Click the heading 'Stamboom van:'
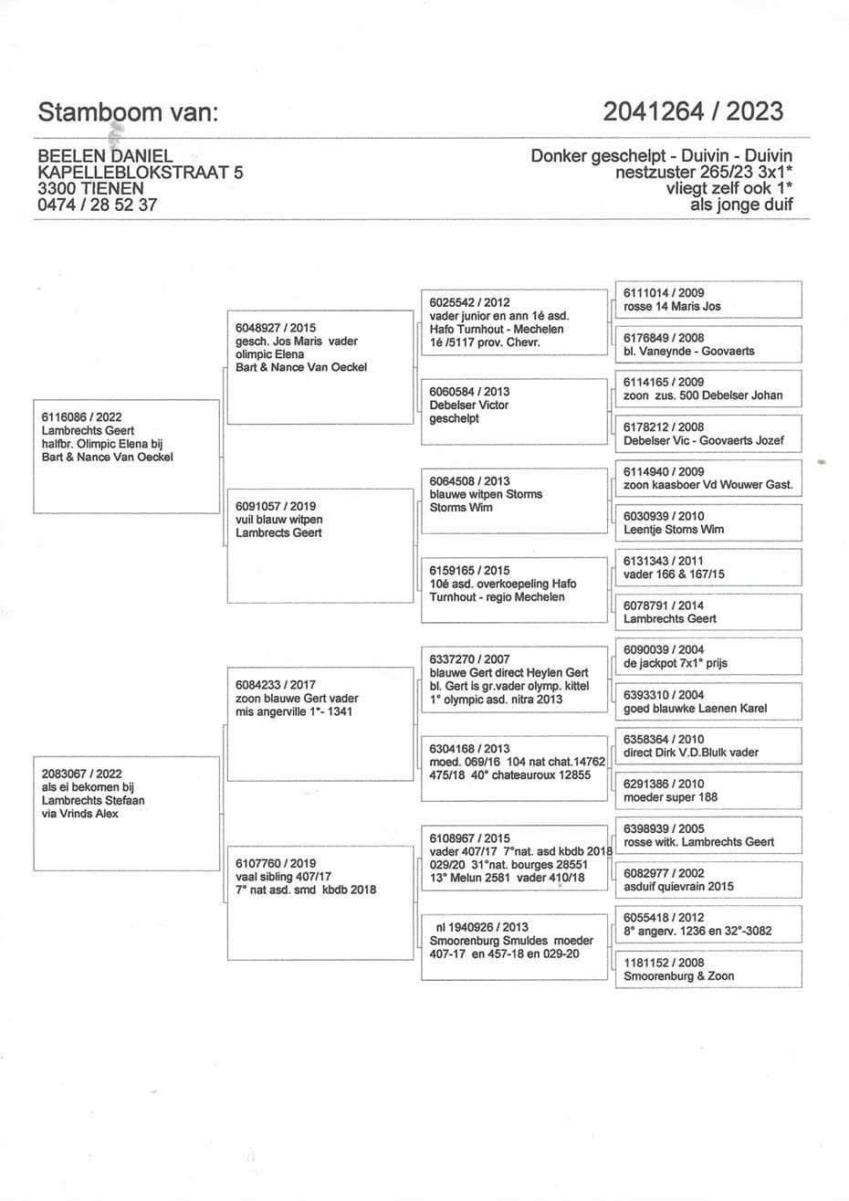129,112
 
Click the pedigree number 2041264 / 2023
692,111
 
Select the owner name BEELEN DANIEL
105,157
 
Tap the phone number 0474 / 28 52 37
97,205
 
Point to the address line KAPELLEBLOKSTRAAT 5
140,173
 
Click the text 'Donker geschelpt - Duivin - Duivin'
661,156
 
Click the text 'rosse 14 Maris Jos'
672,307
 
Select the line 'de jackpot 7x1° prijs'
675,663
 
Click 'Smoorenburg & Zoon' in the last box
678,975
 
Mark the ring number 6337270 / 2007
470,658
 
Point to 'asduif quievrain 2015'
678,886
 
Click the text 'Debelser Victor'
469,405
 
